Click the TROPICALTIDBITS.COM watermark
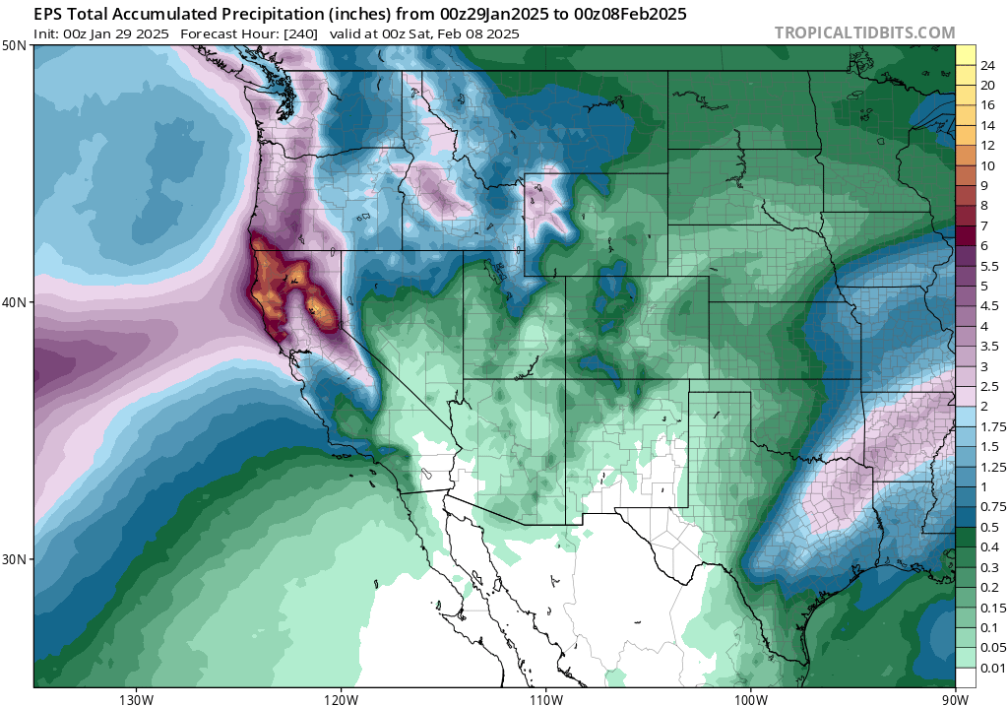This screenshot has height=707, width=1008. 864,32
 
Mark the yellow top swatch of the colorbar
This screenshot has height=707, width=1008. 965,55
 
